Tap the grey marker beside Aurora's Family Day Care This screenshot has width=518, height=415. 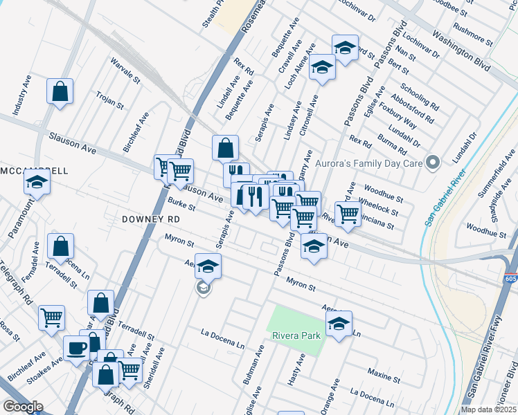point(434,163)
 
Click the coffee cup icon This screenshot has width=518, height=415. point(77,347)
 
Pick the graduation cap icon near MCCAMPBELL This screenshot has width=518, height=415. point(37,183)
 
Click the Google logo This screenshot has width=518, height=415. point(23,406)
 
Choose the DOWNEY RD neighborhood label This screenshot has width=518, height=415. point(150,219)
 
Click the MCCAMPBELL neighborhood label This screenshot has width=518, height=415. point(34,170)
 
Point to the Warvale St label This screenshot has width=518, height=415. point(125,70)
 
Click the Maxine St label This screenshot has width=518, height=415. point(384,376)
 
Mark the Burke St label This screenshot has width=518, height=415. point(181,204)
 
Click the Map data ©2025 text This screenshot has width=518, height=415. point(490,409)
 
